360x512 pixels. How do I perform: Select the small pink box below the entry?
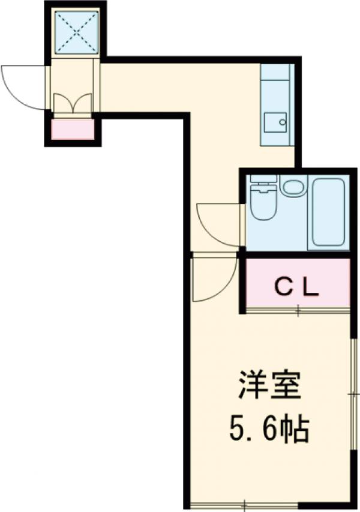click(x=73, y=129)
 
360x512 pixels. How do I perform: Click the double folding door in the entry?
click(x=73, y=103)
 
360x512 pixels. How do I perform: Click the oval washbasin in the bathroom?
click(x=293, y=187)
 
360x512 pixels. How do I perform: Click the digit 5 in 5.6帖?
click(x=237, y=429)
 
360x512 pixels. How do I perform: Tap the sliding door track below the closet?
click(x=298, y=310)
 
